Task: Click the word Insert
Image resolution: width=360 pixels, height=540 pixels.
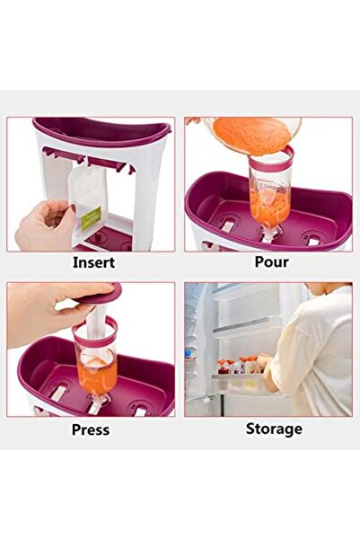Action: tap(93, 262)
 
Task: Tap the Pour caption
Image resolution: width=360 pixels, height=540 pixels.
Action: tap(271, 261)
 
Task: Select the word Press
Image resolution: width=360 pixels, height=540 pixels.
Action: tap(91, 429)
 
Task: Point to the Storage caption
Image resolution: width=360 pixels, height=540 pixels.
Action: tap(274, 429)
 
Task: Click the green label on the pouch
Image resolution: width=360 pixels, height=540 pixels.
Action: tap(90, 218)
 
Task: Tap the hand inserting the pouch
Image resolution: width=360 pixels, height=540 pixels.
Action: tap(45, 226)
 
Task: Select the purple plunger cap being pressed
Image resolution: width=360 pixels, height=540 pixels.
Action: tap(99, 296)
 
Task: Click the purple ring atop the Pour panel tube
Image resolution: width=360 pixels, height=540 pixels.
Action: tap(271, 159)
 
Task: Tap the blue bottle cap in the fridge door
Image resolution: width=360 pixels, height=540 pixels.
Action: tap(188, 354)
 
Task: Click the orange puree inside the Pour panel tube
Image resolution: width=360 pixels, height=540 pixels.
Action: tap(268, 206)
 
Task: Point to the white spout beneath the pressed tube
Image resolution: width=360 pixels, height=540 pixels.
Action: tap(96, 403)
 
